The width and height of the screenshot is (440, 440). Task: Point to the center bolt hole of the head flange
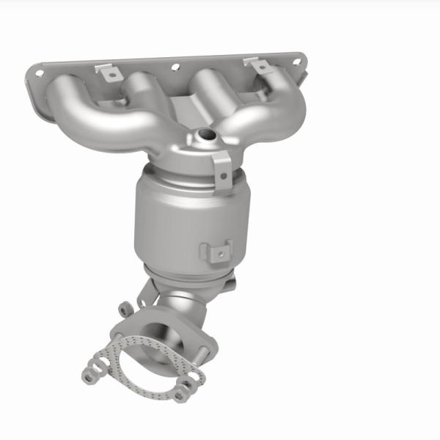pyautogui.click(x=175, y=67)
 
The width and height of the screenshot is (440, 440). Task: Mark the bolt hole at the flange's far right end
pyautogui.click(x=297, y=62)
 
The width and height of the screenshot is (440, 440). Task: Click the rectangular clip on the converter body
pyautogui.click(x=218, y=252)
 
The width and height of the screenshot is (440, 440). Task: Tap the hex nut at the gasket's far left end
pyautogui.click(x=89, y=376)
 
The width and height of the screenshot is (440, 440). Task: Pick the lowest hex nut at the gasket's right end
pyautogui.click(x=180, y=397)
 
